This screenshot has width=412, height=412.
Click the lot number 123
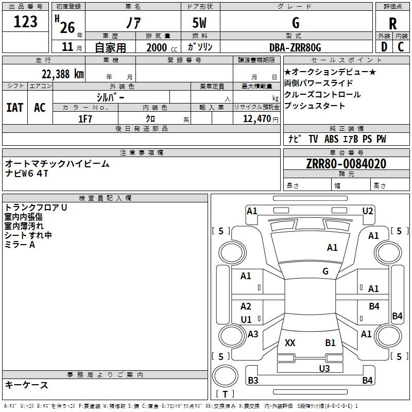[x=25, y=22]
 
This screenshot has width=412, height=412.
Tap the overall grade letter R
[x=392, y=23]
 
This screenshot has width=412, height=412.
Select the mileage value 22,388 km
[x=63, y=74]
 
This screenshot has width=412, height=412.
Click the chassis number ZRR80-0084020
[x=346, y=164]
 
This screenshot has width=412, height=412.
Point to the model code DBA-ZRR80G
[x=295, y=47]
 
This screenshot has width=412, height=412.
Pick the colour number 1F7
[x=85, y=119]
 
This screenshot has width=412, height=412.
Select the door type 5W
[x=199, y=23]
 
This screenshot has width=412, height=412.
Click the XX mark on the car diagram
[x=290, y=343]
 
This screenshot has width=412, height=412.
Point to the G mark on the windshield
[x=325, y=271]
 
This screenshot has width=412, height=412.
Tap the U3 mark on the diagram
[x=324, y=369]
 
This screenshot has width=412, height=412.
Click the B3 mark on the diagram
[x=253, y=380]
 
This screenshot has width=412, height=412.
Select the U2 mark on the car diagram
[x=368, y=211]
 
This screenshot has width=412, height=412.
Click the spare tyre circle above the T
[x=225, y=376]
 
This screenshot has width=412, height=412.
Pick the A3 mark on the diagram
[x=253, y=334]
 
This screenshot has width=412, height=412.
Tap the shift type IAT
[x=15, y=108]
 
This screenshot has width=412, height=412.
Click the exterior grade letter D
[x=384, y=47]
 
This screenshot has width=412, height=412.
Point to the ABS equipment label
[x=331, y=139]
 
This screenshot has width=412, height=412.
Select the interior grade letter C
[x=401, y=47]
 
